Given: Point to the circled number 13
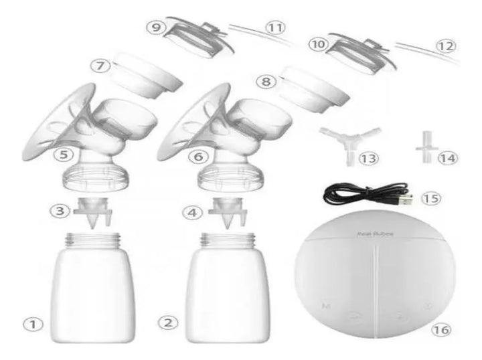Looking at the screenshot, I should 368,158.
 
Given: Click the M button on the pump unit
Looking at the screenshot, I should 325,306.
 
